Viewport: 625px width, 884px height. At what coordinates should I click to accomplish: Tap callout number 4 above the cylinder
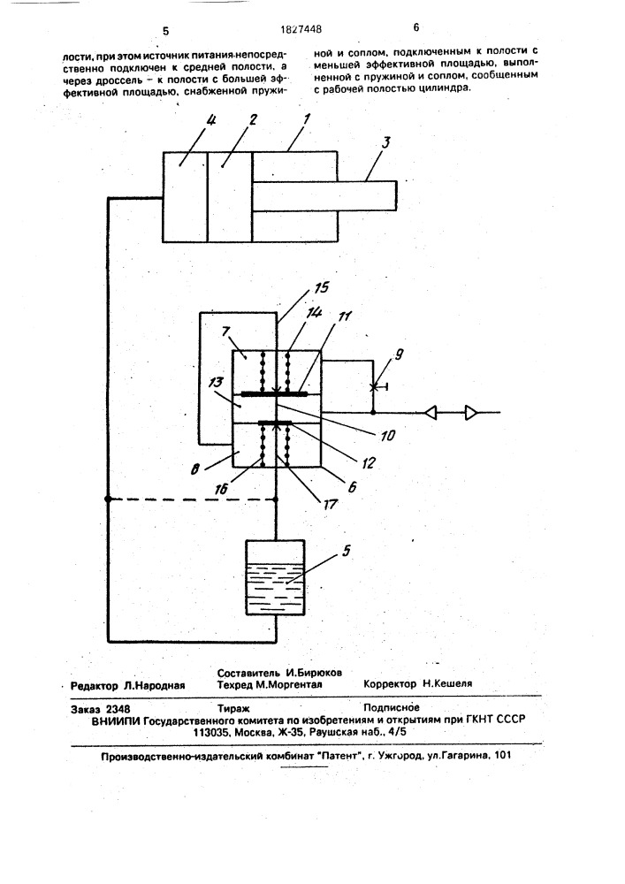tap(199, 121)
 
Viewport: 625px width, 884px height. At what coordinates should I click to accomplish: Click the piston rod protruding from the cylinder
tap(324, 195)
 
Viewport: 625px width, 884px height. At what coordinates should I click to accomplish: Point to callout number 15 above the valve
tap(322, 288)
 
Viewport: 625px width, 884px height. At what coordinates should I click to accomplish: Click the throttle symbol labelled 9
tap(372, 387)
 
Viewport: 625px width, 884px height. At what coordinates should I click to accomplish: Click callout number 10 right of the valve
tap(388, 435)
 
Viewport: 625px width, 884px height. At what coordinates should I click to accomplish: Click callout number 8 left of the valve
tap(196, 468)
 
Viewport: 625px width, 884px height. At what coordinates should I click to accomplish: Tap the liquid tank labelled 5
tap(276, 577)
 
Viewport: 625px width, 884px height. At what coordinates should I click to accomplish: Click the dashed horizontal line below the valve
tap(192, 499)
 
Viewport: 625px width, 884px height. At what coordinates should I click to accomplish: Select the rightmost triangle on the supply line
tap(470, 414)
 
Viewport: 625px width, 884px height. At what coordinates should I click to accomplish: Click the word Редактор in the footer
tap(94, 686)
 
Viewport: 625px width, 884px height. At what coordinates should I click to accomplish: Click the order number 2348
tap(118, 709)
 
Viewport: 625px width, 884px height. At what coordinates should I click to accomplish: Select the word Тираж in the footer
tap(233, 709)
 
